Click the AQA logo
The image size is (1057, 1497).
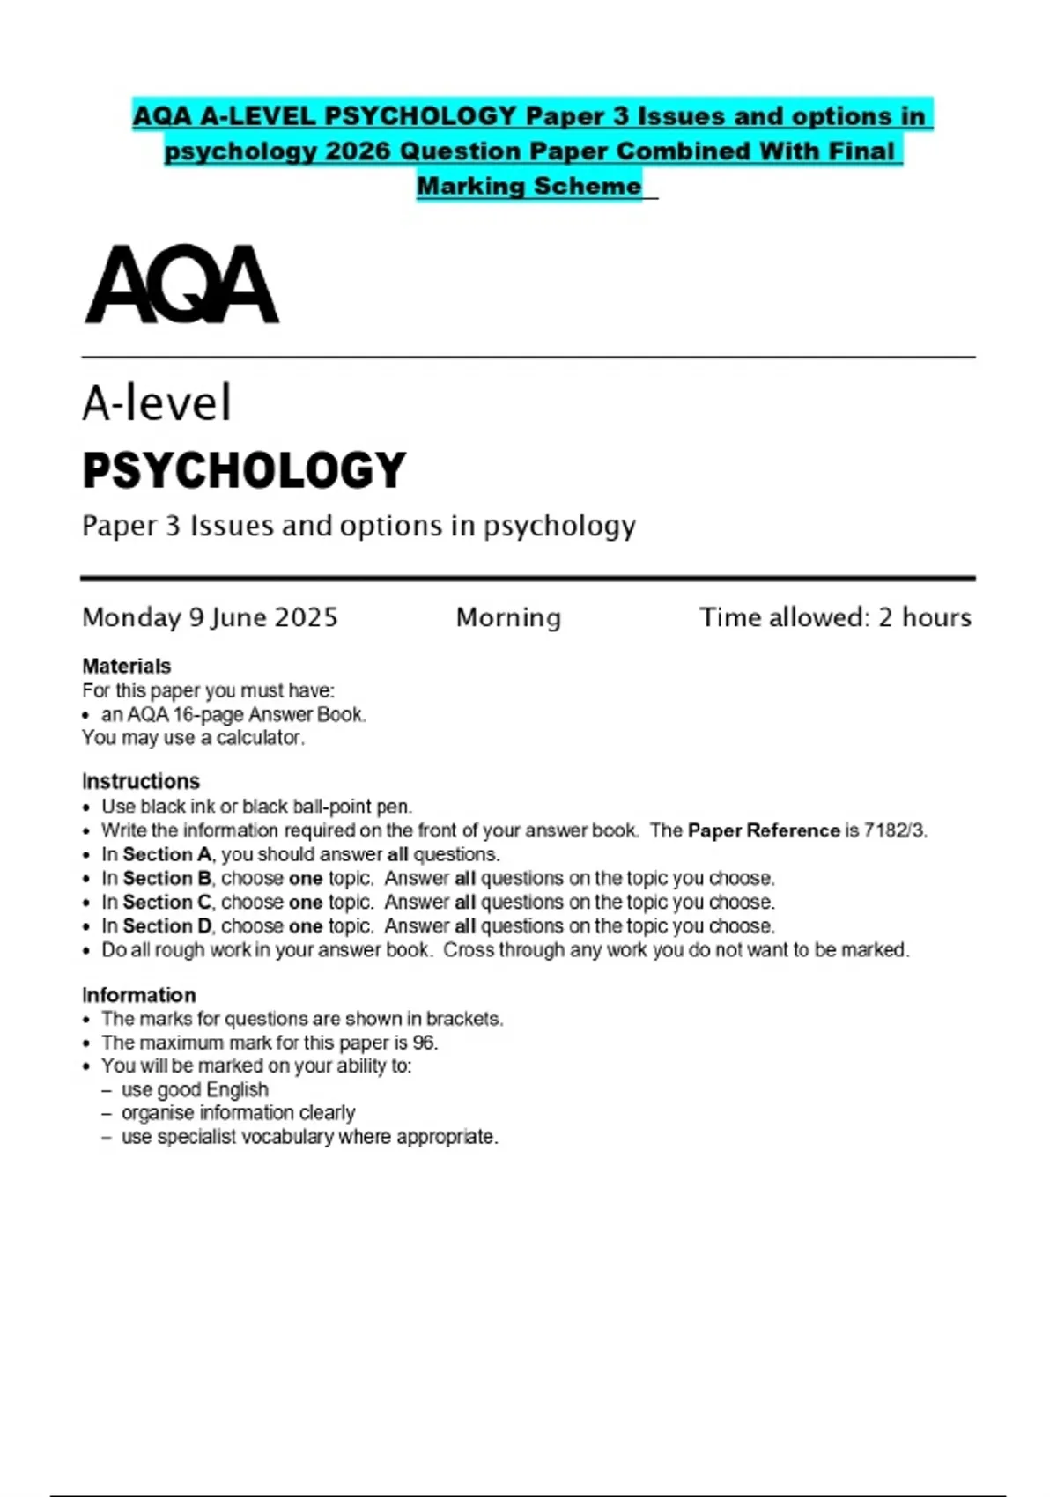[x=181, y=284]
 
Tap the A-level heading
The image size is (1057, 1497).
[x=157, y=403]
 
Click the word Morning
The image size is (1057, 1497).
[x=508, y=617]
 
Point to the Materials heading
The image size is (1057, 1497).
[x=126, y=666]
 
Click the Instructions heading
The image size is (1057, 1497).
[x=141, y=781]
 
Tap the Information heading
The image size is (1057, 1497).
[x=139, y=995]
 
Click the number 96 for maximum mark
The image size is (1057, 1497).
[x=424, y=1043]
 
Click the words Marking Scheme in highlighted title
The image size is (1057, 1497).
[x=528, y=186]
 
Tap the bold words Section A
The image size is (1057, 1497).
[x=167, y=854]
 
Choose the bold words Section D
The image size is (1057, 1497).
[x=167, y=926]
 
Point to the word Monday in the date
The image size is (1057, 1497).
[x=131, y=617]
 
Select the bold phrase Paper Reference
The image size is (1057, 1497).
[x=764, y=830]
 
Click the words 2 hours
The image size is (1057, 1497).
[x=924, y=617]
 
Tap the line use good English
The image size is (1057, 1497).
[x=195, y=1089]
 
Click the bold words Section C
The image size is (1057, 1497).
[x=167, y=903]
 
